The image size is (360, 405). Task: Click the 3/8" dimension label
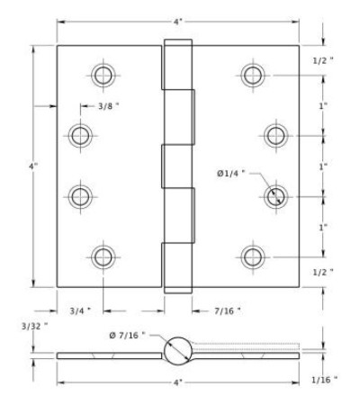point(109,106)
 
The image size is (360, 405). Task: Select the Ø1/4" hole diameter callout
point(230,174)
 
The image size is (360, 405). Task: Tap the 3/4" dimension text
point(80,311)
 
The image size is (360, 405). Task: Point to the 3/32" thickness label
point(34,326)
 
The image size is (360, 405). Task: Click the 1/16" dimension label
point(324,380)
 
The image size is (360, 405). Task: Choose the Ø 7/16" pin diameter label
point(127,335)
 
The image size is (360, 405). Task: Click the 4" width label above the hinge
point(178,22)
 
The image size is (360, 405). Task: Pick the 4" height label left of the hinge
point(33,166)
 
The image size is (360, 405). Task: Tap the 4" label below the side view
point(178,382)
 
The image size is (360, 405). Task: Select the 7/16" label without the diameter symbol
point(228,311)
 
